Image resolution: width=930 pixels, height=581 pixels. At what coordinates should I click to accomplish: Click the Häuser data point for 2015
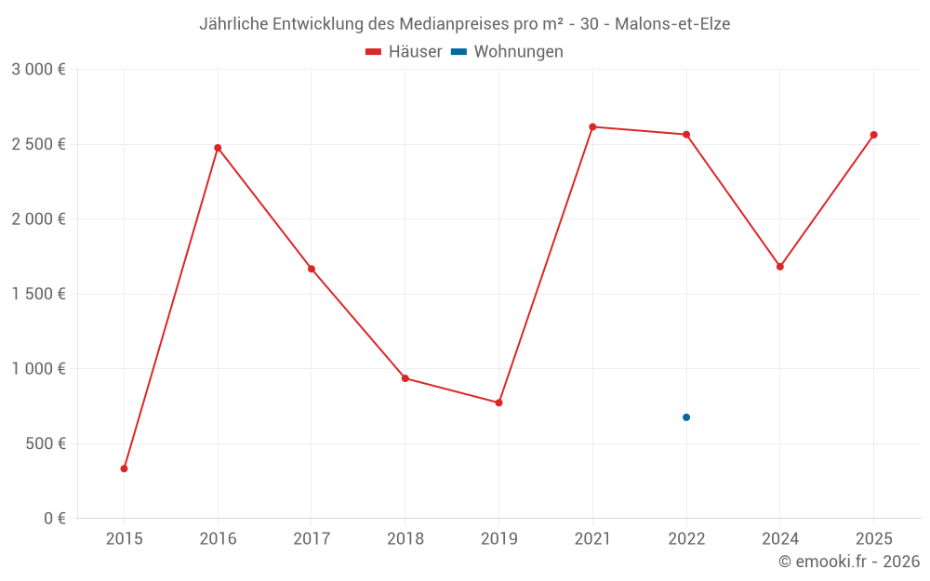[124, 469]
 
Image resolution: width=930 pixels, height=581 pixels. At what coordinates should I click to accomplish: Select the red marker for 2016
[218, 148]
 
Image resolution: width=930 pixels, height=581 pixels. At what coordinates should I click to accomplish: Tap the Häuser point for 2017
[312, 269]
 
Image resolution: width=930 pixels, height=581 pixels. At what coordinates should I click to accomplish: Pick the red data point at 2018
[405, 378]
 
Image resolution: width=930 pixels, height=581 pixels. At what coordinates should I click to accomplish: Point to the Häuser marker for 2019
[498, 403]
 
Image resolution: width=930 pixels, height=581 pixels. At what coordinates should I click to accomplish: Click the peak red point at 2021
[592, 126]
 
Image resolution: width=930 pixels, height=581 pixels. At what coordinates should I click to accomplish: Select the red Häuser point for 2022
[686, 135]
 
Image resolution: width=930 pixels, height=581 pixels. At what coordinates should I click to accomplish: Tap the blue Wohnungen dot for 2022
[686, 417]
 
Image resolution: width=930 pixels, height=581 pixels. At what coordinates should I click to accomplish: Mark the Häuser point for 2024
[780, 267]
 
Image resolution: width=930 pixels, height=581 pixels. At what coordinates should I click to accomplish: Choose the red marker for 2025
[874, 135]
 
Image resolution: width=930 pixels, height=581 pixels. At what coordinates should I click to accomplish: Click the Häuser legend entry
[404, 52]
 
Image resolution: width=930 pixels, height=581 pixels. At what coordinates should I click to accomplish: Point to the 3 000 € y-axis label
[38, 70]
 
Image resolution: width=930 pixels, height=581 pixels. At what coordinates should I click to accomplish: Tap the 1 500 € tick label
[38, 294]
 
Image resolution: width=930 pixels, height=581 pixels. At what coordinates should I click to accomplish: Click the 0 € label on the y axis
[54, 519]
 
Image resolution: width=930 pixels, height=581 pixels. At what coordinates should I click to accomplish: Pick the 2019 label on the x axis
[498, 539]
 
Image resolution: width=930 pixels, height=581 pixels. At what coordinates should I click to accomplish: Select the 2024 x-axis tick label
[780, 539]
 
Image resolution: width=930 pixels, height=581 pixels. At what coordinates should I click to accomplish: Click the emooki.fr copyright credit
[849, 561]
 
